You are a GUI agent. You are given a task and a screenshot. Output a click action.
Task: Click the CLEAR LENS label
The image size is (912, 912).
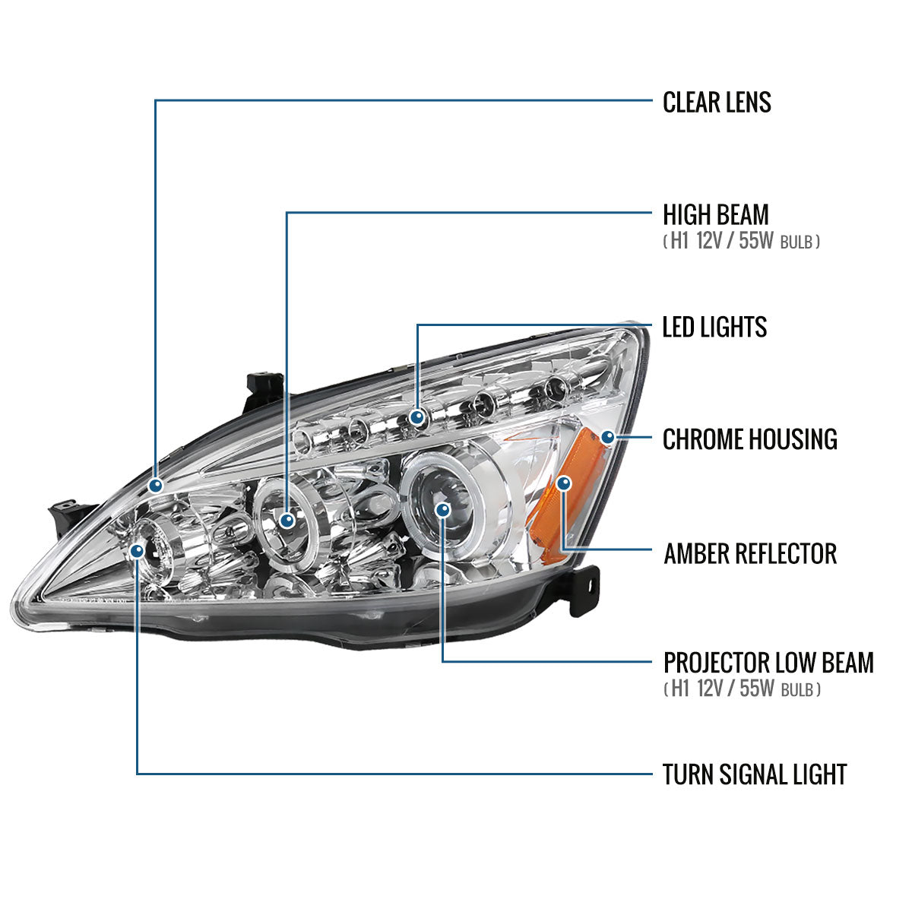tap(717, 102)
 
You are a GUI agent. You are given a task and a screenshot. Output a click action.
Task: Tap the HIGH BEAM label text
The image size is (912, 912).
tap(715, 214)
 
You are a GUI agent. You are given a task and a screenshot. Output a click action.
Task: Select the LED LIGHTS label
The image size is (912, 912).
tap(714, 327)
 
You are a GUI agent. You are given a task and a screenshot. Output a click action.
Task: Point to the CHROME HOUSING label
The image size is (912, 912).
tap(749, 439)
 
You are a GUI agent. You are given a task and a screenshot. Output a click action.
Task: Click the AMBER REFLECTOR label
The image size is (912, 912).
tap(749, 553)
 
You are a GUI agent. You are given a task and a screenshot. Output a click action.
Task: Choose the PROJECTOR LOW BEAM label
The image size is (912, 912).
tap(768, 662)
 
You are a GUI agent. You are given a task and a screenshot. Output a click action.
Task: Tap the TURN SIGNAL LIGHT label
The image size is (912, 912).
tap(754, 774)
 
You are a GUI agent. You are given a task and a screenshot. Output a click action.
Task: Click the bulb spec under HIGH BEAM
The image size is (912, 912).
tap(741, 242)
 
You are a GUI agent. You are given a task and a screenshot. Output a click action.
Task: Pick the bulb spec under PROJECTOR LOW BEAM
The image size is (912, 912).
tap(741, 689)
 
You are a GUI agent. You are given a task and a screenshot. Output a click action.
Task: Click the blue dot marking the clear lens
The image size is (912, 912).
tap(156, 485)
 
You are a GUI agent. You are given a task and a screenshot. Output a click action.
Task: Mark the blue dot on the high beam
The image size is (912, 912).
tap(287, 520)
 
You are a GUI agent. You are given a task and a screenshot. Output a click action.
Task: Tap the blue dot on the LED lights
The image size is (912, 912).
tap(417, 416)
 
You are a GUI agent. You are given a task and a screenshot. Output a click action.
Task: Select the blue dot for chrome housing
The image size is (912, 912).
tap(606, 437)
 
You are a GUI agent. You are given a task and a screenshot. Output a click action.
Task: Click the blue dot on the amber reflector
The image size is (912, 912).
tap(563, 483)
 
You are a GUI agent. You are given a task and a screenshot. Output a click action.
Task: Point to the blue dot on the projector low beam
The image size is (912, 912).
tap(442, 508)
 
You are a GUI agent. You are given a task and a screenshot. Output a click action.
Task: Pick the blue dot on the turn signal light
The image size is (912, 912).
tap(138, 550)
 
